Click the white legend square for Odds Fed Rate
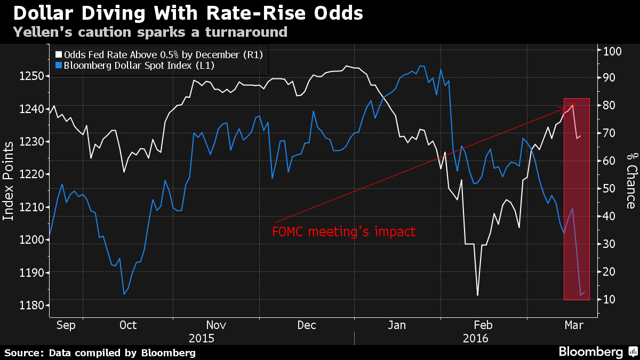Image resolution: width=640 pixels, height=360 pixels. (59, 54)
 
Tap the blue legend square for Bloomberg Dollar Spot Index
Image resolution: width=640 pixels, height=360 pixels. (59, 66)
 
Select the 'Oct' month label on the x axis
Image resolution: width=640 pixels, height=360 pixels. (127, 325)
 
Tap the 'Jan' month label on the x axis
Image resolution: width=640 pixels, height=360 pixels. (397, 325)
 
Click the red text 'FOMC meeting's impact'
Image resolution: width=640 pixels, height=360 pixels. (343, 231)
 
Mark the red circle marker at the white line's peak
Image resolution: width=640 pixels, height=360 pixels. (572, 106)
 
